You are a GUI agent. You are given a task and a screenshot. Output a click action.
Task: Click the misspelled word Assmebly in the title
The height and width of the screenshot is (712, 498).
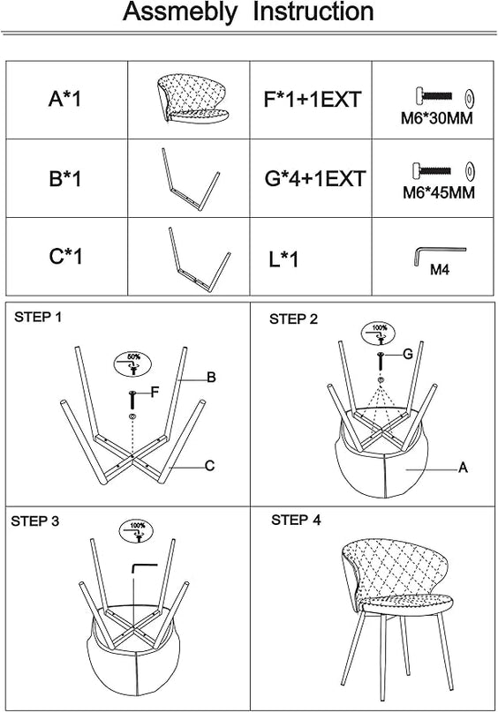pyautogui.click(x=180, y=12)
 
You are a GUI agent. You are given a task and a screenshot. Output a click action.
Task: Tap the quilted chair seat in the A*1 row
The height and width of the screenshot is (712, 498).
pyautogui.click(x=192, y=98)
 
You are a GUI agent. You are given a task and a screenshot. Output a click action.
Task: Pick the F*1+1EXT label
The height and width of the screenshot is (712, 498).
pyautogui.click(x=313, y=100)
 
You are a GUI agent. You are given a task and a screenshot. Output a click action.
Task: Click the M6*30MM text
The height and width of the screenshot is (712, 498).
pyautogui.click(x=437, y=118)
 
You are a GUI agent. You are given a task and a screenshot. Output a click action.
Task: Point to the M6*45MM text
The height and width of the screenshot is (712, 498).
pyautogui.click(x=439, y=192)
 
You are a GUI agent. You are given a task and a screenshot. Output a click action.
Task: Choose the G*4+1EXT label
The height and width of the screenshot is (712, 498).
pyautogui.click(x=315, y=178)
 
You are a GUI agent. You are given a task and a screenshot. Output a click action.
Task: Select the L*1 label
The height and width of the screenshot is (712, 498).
pyautogui.click(x=283, y=259)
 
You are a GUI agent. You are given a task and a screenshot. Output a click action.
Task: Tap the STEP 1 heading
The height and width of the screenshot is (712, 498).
pyautogui.click(x=38, y=317)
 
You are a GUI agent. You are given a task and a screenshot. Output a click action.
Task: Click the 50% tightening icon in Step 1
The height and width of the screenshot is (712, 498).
pyautogui.click(x=132, y=363)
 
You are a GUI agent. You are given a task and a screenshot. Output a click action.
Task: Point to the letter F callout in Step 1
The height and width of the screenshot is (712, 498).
pyautogui.click(x=155, y=392)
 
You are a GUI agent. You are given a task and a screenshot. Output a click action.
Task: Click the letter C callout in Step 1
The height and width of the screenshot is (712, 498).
pyautogui.click(x=209, y=466)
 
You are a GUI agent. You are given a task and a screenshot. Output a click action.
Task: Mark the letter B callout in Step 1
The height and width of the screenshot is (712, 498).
pyautogui.click(x=211, y=378)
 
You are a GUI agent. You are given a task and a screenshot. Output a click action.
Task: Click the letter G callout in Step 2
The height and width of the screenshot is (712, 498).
pyautogui.click(x=408, y=354)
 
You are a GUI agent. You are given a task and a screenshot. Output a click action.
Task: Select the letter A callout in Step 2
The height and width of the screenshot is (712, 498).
pyautogui.click(x=463, y=468)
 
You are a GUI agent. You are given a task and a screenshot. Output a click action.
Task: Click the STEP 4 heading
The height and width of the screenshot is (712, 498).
pyautogui.click(x=296, y=520)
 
